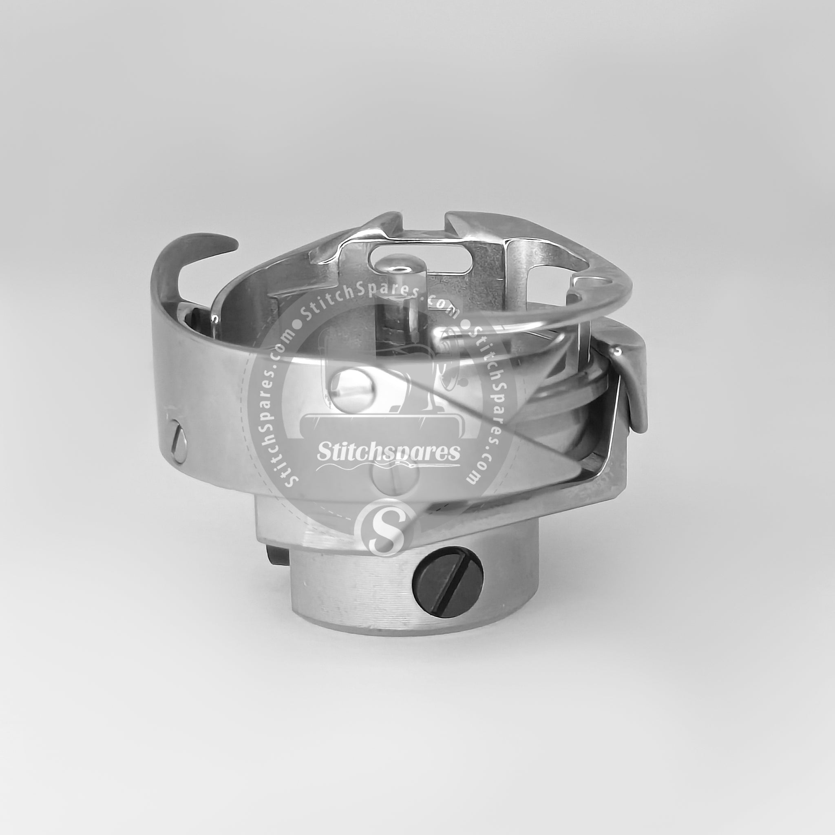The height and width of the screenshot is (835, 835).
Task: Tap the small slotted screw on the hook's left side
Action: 179,442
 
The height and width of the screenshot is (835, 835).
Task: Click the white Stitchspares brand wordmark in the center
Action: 388,452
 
